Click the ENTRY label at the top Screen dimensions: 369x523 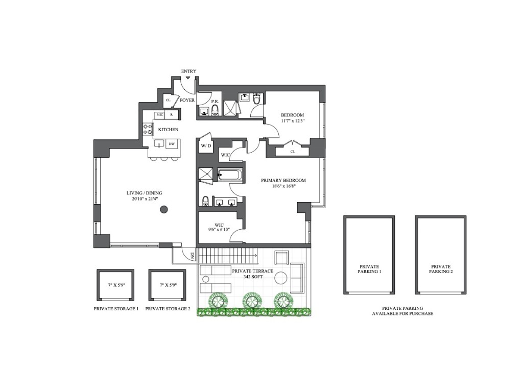[188, 71]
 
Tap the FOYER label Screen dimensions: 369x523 [187, 100]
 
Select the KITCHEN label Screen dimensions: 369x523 [168, 130]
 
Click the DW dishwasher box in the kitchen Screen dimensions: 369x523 [172, 144]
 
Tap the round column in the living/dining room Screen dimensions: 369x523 [164, 209]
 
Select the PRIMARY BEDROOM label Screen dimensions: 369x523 [283, 180]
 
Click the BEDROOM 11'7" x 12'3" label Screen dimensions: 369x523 [293, 118]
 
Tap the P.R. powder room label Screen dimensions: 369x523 [215, 102]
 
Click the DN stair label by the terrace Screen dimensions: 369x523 [192, 255]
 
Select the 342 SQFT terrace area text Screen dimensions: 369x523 [252, 277]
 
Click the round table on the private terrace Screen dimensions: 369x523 [280, 279]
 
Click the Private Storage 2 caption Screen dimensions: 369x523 [168, 309]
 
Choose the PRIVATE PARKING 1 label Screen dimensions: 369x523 [369, 269]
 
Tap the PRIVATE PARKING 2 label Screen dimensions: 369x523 [441, 269]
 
